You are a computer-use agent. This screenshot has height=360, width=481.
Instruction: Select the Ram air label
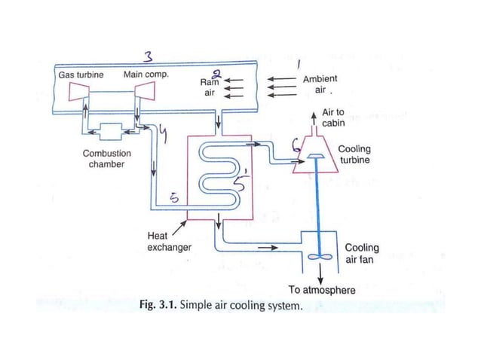(210, 87)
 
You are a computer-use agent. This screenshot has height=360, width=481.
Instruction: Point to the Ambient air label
(320, 84)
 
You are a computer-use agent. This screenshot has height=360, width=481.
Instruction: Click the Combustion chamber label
(106, 158)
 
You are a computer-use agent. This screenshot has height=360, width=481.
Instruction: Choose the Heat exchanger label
(168, 241)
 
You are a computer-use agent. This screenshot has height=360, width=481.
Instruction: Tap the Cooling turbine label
(354, 154)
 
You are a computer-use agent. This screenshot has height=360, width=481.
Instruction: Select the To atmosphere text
(322, 290)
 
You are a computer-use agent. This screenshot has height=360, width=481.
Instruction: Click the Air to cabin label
(332, 117)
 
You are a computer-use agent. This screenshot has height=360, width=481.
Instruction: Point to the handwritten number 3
(149, 56)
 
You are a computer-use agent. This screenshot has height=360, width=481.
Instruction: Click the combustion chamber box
(106, 131)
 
